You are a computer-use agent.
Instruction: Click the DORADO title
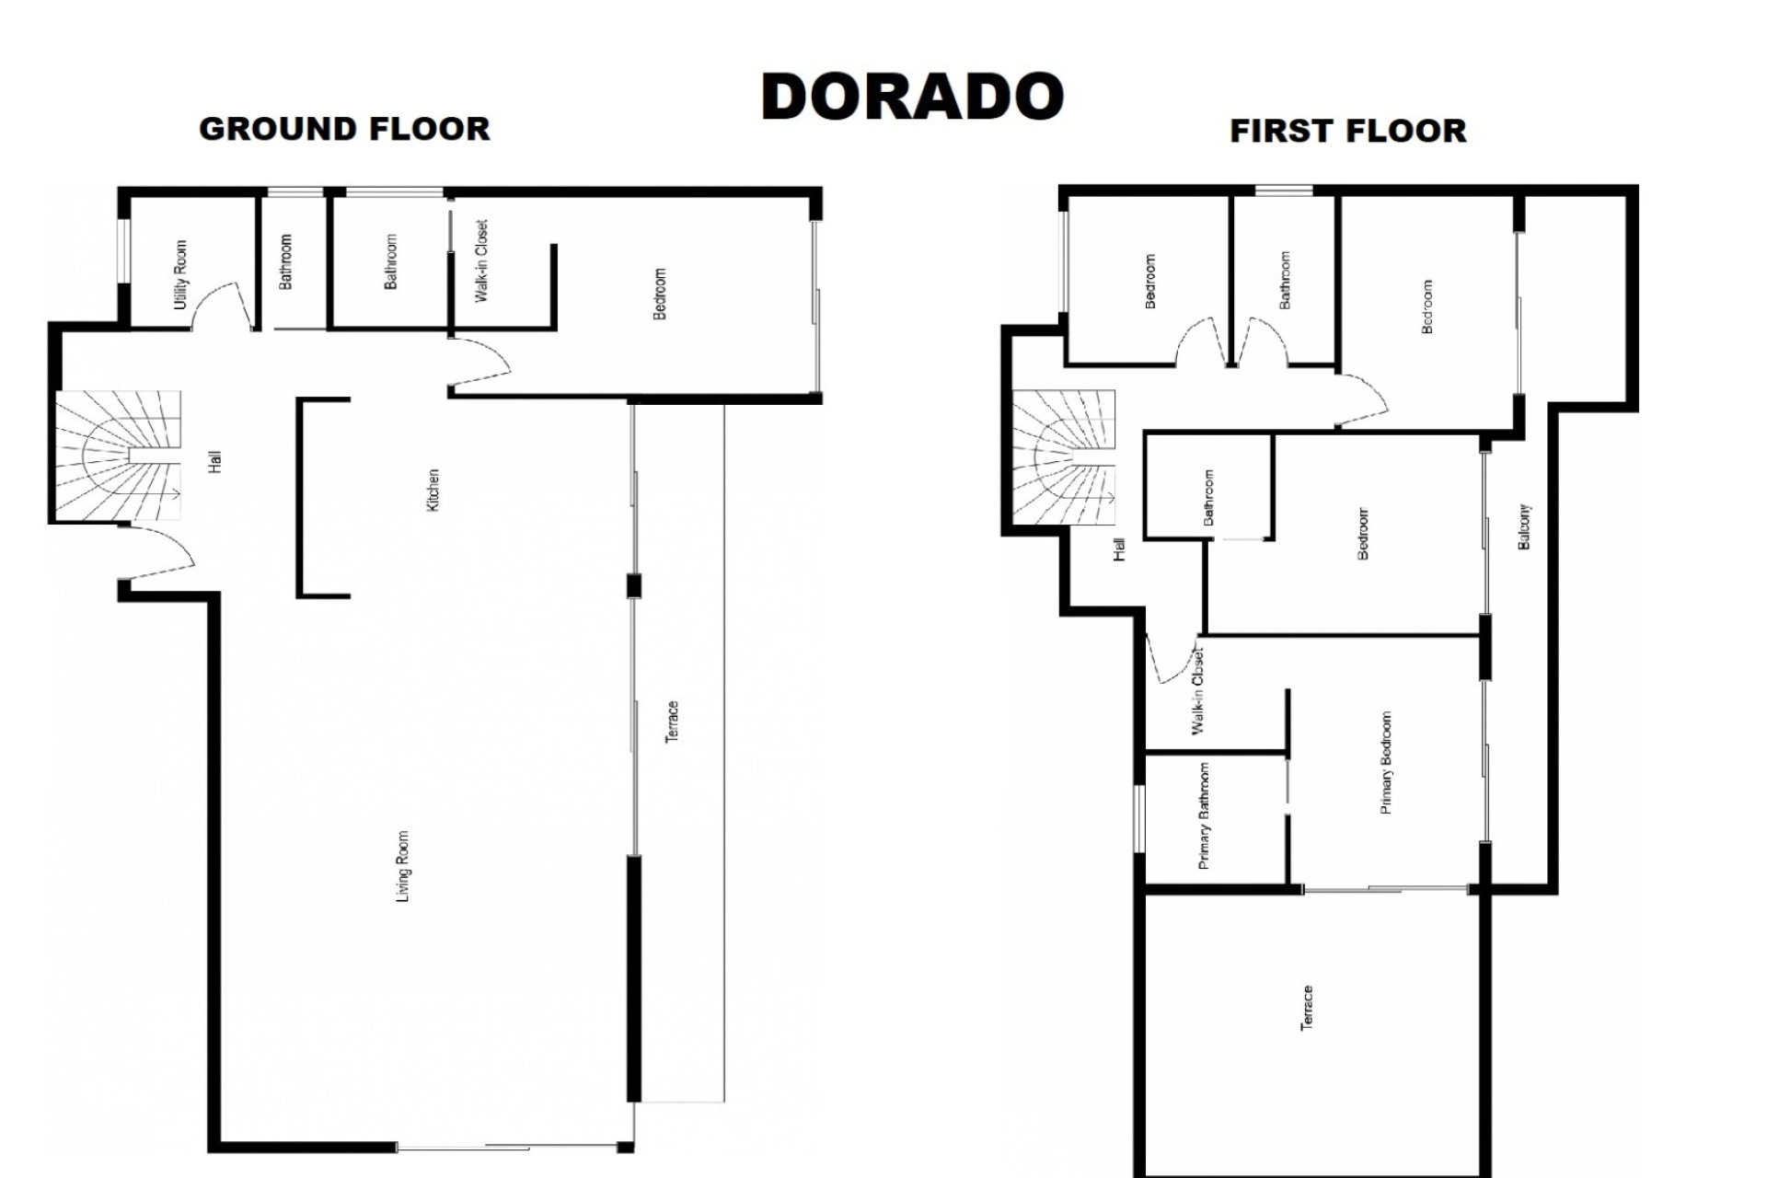912,97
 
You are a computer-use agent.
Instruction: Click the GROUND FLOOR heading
345,129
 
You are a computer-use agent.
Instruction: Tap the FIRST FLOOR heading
1348,131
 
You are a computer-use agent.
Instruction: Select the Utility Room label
180,274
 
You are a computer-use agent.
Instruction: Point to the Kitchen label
433,490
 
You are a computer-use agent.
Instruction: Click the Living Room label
402,867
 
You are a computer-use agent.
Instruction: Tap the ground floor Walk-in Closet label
481,261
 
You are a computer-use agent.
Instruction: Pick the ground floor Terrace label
672,722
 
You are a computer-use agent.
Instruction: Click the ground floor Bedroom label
659,294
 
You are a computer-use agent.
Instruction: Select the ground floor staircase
118,456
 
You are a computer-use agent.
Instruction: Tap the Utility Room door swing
221,306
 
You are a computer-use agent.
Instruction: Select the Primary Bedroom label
1386,763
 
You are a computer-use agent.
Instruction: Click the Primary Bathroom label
1204,816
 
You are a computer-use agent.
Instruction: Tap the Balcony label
1523,526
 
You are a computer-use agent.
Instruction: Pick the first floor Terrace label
1306,1008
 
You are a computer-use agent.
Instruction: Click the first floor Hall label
1119,549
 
